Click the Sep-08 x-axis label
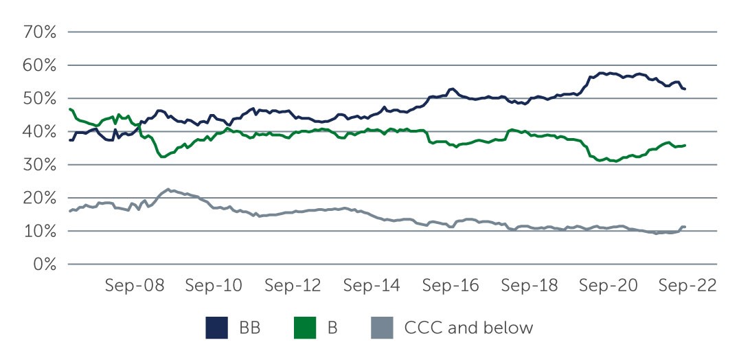coord(135,285)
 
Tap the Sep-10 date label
coord(214,285)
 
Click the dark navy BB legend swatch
coord(216,328)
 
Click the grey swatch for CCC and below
coord(383,328)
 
